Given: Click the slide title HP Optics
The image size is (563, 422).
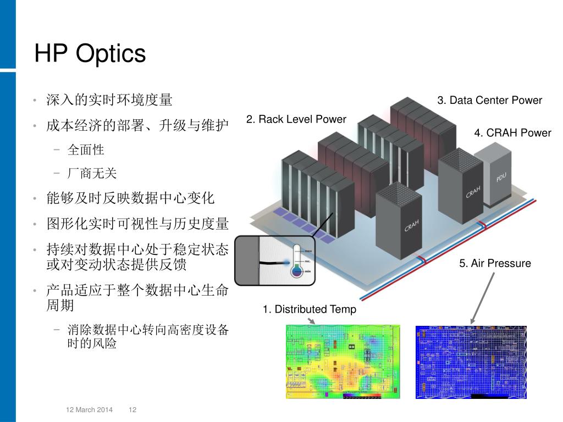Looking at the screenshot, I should [90, 53].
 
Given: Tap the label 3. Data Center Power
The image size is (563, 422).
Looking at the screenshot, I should [489, 100].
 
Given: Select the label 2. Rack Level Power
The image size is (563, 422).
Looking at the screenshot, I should [296, 119].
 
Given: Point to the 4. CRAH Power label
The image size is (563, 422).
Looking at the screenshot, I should [512, 132].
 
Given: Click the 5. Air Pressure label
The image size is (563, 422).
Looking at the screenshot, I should [495, 263].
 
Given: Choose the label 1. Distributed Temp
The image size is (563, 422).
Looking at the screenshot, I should [309, 309].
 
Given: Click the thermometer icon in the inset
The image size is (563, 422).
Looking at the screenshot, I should [297, 260].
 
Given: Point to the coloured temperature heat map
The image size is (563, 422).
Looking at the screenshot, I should [343, 361].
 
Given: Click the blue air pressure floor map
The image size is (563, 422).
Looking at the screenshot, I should [471, 361].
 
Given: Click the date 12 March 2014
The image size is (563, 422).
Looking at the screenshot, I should [89, 410].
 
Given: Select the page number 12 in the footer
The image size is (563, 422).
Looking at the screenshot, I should [133, 410].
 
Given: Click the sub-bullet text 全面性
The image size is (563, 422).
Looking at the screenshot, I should [86, 149].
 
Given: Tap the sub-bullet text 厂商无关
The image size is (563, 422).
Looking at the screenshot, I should [92, 174].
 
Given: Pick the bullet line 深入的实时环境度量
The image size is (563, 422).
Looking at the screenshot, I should [109, 100].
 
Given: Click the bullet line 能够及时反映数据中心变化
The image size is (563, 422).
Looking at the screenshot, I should [130, 198].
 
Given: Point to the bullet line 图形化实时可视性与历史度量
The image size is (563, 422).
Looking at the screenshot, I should [137, 224].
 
